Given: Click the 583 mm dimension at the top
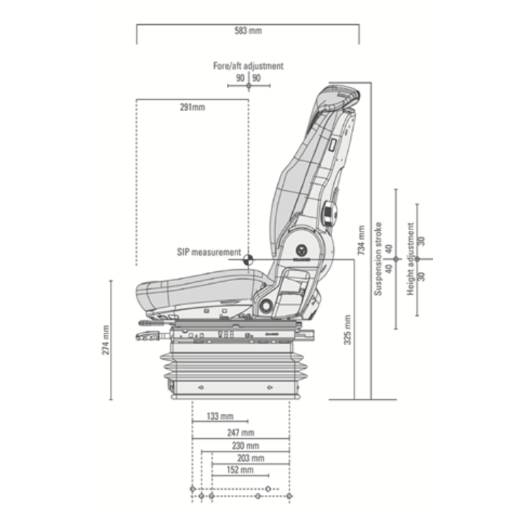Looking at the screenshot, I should (x=248, y=31).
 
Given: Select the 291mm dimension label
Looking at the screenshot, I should (x=192, y=107).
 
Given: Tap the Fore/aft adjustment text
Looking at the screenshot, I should (x=248, y=66).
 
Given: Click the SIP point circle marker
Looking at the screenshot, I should (x=248, y=259).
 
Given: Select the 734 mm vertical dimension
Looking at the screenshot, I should (x=362, y=240).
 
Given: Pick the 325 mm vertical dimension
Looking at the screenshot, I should (x=347, y=329).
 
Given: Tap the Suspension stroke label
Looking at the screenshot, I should (x=378, y=259).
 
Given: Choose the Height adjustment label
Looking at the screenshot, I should (x=411, y=259).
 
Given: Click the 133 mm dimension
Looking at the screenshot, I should (x=220, y=416).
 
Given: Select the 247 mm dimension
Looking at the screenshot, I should (x=241, y=433).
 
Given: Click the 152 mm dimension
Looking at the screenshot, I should (x=239, y=470).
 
